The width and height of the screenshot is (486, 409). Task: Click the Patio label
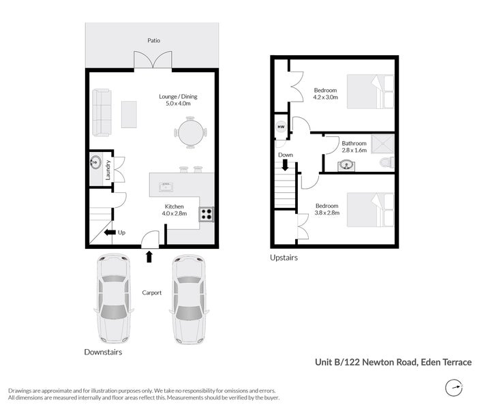click(x=154, y=40)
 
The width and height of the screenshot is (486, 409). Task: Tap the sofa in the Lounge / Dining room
click(x=102, y=112)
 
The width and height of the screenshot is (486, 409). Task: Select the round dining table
click(x=190, y=132)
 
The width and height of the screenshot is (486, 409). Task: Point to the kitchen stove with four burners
click(x=207, y=214)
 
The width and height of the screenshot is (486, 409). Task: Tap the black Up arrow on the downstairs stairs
click(x=109, y=232)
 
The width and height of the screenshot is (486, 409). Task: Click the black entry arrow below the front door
click(x=149, y=256)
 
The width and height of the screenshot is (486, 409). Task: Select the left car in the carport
click(x=112, y=298)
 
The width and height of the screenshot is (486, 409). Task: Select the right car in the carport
click(x=188, y=298)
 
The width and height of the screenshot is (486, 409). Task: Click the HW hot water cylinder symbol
click(x=280, y=127)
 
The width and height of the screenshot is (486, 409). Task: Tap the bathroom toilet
click(x=386, y=162)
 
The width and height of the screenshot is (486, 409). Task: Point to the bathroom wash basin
click(x=347, y=164)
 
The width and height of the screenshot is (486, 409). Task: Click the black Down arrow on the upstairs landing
click(x=286, y=165)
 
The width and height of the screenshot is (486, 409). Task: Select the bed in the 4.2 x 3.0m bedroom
click(x=370, y=92)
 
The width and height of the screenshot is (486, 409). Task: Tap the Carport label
click(x=151, y=292)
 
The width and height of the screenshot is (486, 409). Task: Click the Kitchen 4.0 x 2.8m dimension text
click(x=174, y=213)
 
